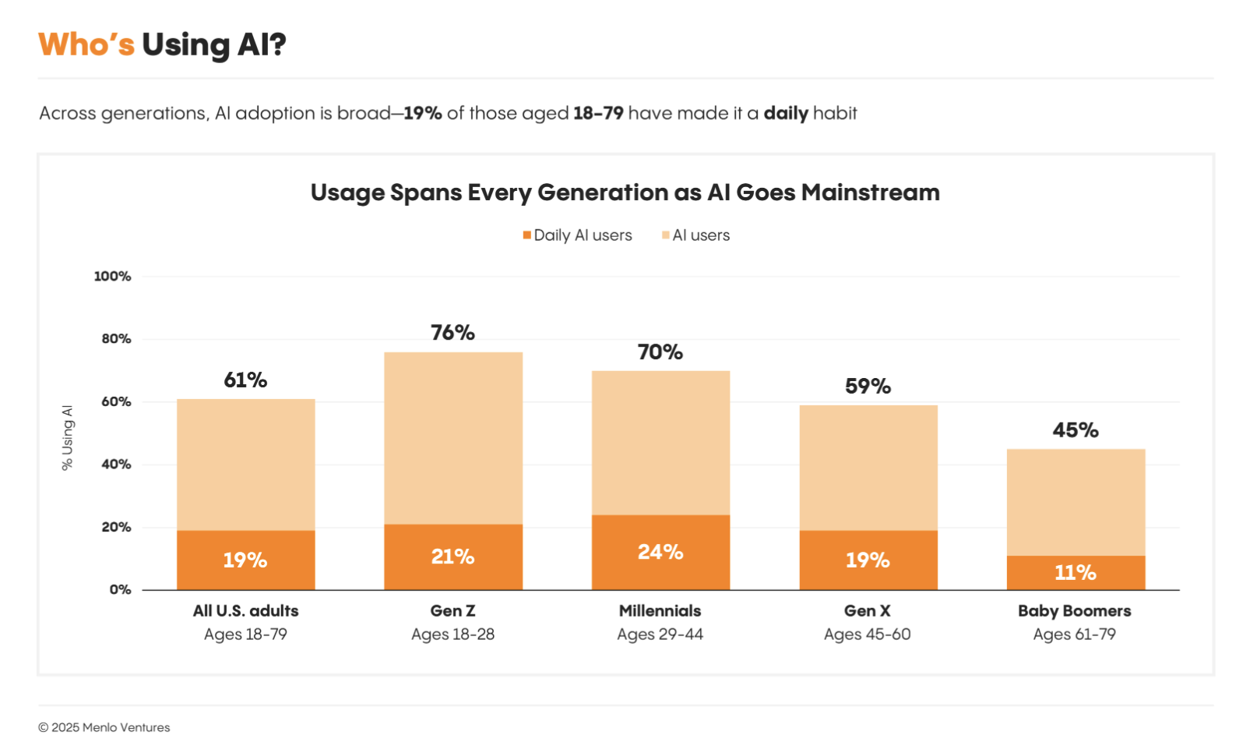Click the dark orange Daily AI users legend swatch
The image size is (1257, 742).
[x=527, y=235]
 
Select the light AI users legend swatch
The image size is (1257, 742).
[x=666, y=235]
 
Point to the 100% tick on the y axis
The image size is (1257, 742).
[x=112, y=277]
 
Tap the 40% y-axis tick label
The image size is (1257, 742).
[x=116, y=465]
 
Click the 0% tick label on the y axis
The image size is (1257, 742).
[x=120, y=590]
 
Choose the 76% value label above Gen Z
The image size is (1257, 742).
[x=452, y=333]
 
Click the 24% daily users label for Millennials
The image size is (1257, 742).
[x=660, y=553]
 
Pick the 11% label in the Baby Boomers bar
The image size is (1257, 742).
[x=1076, y=573]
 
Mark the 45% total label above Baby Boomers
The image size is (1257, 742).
[x=1076, y=430]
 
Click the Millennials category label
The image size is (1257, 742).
[x=660, y=611]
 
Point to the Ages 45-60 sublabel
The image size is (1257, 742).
[x=868, y=634]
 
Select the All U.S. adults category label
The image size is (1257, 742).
[x=246, y=611]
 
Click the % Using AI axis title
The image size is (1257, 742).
[x=68, y=437]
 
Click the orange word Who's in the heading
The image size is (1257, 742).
[x=86, y=45]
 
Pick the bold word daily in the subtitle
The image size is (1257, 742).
[x=786, y=114]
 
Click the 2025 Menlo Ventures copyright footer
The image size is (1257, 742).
[x=104, y=727]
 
